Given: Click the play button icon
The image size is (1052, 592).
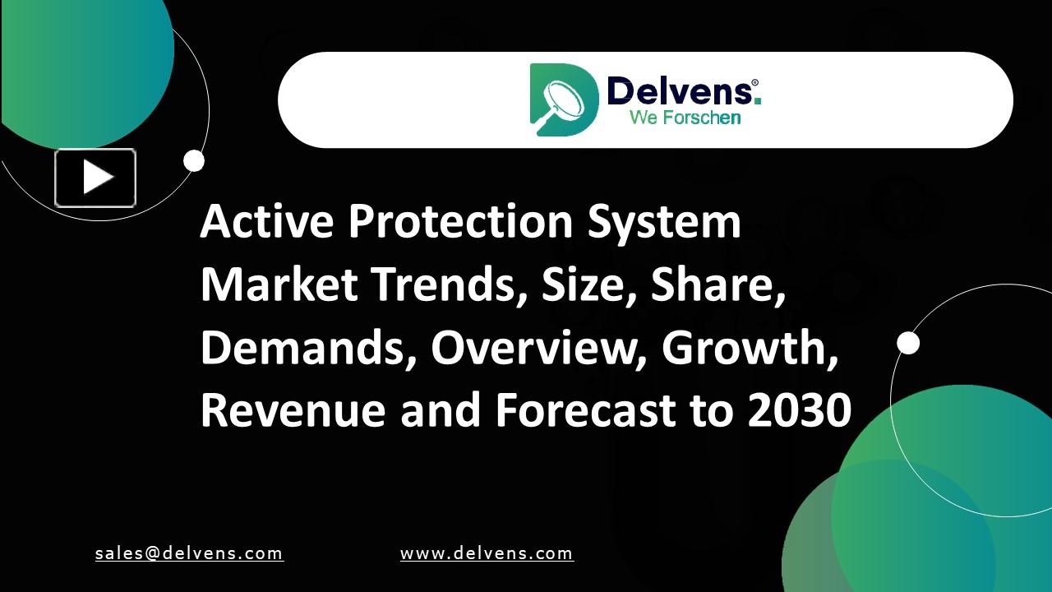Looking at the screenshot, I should tap(95, 178).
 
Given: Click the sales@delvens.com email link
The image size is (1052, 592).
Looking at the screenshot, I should tap(189, 553).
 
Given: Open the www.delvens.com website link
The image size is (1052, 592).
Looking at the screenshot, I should tap(487, 553).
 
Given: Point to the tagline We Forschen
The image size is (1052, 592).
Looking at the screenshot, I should tap(685, 118).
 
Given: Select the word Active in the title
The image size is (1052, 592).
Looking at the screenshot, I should tap(266, 221).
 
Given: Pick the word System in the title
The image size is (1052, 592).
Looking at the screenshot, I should tap(664, 223).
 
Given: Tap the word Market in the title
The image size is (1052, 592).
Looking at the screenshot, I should tap(279, 284).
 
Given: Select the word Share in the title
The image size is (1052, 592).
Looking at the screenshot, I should tap(713, 284).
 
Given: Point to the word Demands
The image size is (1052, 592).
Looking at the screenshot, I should tap(307, 348).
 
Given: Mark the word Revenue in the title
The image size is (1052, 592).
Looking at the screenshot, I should tap(293, 410).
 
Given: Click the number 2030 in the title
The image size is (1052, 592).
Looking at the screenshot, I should tap(800, 410).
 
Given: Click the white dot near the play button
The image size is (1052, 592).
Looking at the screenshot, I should tap(194, 161).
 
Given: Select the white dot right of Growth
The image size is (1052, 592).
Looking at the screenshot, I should tap(908, 343).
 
